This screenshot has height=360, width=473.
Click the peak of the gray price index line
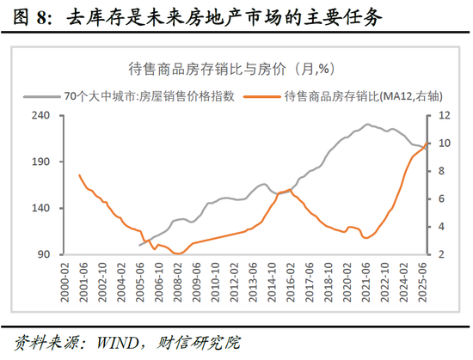pos(367,125)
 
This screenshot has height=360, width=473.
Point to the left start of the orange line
pos(78,175)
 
